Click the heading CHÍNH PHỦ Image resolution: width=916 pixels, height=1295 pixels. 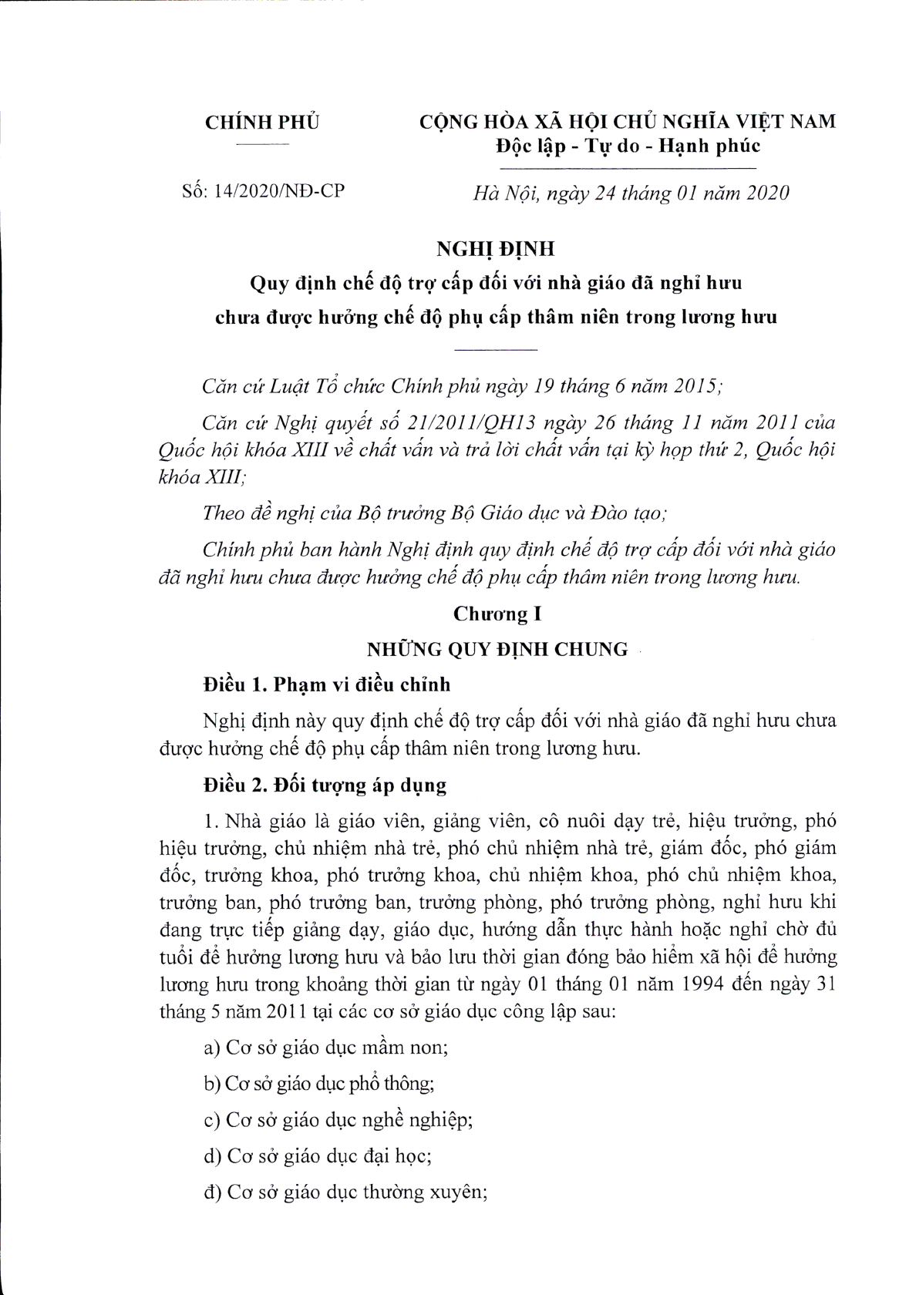point(262,122)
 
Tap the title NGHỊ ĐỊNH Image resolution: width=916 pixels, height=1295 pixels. point(495,250)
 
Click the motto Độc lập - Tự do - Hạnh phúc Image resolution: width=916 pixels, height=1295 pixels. point(627,146)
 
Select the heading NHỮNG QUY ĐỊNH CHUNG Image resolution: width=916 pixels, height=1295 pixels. point(497,648)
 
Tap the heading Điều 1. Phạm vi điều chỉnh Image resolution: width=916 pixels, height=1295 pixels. point(327,684)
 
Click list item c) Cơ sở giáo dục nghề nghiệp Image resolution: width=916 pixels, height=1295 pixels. point(338,1119)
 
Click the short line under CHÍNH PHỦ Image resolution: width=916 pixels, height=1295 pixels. point(262,145)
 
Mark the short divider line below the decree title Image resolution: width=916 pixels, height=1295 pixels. point(496,351)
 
